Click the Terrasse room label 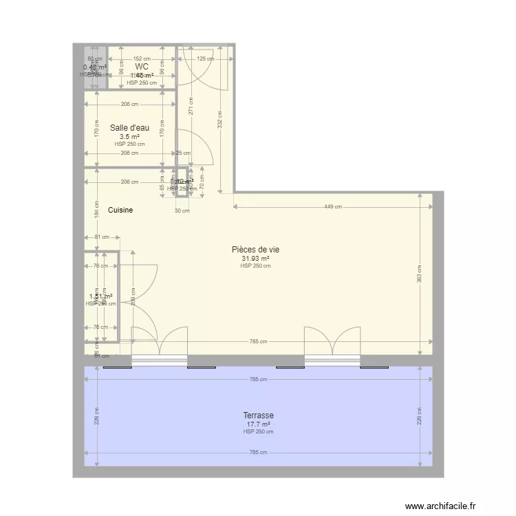pos(258,416)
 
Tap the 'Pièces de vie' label pos(255,250)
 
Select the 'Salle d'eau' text pos(129,127)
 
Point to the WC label pos(142,67)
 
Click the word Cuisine pos(120,210)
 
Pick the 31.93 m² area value pos(255,259)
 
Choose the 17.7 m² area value pos(258,424)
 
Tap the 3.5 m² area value pos(129,136)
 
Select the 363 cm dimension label pos(419,274)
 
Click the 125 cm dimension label pos(205,59)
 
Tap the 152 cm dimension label pos(142,59)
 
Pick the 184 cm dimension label pos(97,211)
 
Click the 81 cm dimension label pos(101,237)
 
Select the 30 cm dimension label pos(182,211)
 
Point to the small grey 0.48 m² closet pos(95,67)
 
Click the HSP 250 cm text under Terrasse pos(258,432)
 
